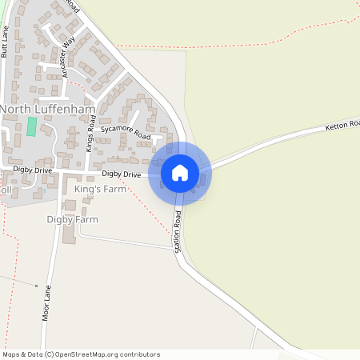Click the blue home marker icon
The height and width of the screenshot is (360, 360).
[x=180, y=173]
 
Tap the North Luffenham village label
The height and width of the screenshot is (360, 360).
[x=48, y=109]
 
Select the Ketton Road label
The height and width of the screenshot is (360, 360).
[x=343, y=126]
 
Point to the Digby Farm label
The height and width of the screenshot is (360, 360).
[x=72, y=219]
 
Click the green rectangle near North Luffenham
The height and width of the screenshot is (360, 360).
[x=32, y=126]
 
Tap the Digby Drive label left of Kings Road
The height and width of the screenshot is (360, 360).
[x=32, y=170]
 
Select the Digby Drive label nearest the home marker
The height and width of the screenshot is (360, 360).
[x=122, y=174]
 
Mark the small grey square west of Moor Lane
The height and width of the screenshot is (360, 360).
[x=36, y=285]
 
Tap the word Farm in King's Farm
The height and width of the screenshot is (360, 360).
[x=117, y=189]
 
